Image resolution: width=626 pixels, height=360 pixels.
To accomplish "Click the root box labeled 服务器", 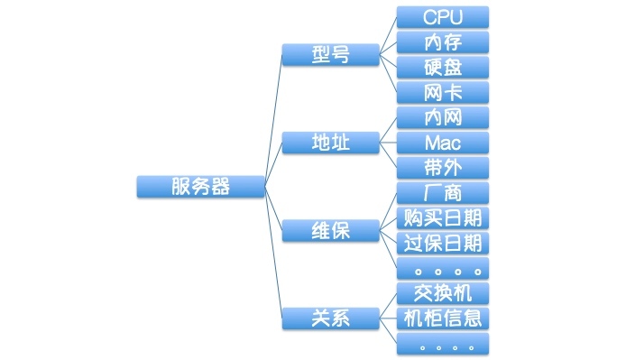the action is [x=200, y=187].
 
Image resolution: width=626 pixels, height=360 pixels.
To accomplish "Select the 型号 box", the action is [x=330, y=55].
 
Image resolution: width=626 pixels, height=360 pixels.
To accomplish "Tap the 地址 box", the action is [x=330, y=143].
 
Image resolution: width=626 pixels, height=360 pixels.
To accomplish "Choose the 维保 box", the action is [x=330, y=231].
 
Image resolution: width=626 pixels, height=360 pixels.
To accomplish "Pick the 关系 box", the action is [x=330, y=318].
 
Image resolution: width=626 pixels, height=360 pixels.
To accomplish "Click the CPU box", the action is [x=443, y=17].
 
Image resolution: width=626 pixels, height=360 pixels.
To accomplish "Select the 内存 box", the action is [x=443, y=42].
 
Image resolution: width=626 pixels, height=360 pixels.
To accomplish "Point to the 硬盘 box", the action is [x=443, y=67].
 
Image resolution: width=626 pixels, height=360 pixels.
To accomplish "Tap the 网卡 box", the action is [x=443, y=92].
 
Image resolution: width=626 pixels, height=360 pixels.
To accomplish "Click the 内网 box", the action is [x=443, y=117].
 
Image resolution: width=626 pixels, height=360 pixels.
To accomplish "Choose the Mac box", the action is [x=443, y=143].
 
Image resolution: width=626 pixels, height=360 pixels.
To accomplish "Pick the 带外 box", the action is [x=443, y=168].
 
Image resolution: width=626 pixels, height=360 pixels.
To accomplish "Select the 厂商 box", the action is [x=443, y=192].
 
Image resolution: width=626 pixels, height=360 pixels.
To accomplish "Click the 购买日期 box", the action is [x=443, y=217].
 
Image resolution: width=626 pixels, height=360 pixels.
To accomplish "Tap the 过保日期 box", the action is [x=443, y=243].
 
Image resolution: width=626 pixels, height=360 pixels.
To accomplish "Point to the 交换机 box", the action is [x=443, y=293].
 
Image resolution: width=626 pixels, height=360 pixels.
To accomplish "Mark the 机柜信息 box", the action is [x=443, y=318].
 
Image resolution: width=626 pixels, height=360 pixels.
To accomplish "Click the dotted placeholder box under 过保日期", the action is [x=443, y=268].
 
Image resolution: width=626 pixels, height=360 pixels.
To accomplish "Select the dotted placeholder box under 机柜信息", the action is [x=443, y=344].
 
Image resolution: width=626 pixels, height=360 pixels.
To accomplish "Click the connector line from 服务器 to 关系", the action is [x=273, y=253].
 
